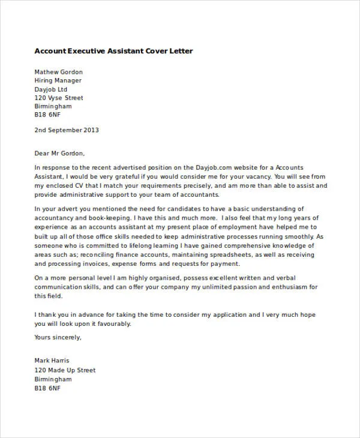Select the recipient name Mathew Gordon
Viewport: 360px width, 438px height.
point(59,72)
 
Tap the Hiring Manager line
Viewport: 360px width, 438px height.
point(58,80)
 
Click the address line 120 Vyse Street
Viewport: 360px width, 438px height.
point(59,98)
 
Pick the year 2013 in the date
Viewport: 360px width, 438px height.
point(91,130)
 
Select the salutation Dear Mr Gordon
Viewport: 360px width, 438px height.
point(59,152)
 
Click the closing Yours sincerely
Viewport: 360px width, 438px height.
point(58,337)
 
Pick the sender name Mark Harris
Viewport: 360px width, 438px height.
point(53,361)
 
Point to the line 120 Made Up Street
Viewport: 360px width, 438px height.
point(65,370)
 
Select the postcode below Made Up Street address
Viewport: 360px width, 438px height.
point(47,388)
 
